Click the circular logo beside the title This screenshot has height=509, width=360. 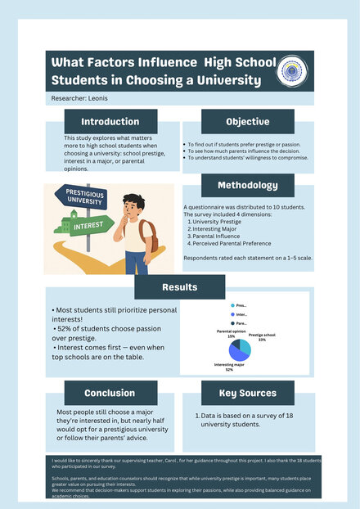[x=291, y=70]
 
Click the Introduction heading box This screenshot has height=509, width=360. [x=110, y=121]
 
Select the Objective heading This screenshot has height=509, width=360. [x=247, y=121]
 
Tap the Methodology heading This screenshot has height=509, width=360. [x=247, y=185]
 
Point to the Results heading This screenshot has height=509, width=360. [x=179, y=286]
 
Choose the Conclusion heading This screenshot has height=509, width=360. [x=110, y=393]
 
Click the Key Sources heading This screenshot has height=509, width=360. [x=247, y=393]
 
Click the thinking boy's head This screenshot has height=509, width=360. [x=133, y=205]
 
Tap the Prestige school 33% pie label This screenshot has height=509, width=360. [x=262, y=336]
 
